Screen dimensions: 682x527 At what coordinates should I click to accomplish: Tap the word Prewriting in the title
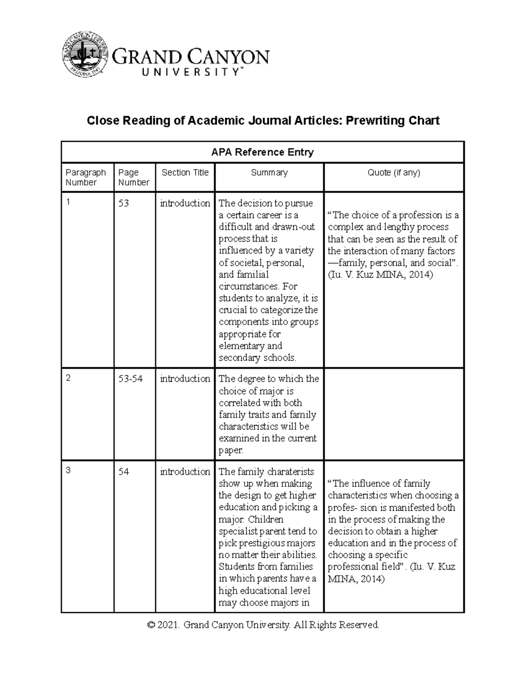coord(377,120)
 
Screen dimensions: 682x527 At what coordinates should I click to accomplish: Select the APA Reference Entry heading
coord(263,152)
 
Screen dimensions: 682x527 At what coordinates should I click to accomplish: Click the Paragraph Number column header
coord(86,177)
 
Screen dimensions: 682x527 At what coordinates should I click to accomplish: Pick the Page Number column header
coord(134,177)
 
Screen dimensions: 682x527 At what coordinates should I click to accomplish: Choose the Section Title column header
coord(185,173)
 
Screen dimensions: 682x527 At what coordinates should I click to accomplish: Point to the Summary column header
coord(269,173)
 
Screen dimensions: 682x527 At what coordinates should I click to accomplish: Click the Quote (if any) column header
coord(394,173)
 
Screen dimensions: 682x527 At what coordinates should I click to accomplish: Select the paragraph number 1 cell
coord(68,202)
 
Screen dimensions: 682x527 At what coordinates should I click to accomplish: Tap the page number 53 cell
coord(123,203)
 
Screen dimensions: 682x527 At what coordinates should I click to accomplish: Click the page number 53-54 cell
coord(130,379)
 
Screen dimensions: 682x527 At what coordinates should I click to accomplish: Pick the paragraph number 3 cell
coord(68,470)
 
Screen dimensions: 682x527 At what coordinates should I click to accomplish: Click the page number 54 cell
coord(123,472)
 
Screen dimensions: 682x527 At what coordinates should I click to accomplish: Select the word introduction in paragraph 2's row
coord(185,379)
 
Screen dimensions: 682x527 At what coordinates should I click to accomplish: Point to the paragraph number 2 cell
coord(68,378)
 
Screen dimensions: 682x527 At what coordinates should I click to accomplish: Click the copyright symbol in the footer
coord(152,625)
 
